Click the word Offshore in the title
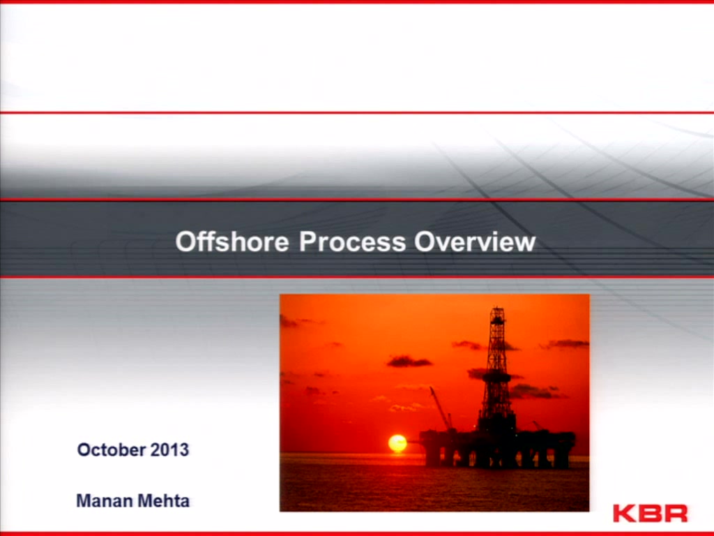point(232,241)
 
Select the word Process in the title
point(352,241)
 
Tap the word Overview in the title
point(475,241)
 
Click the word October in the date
point(112,450)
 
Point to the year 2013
point(170,450)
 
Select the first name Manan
point(105,501)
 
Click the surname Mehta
point(163,501)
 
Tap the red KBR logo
point(651,513)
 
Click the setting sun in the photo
point(397,443)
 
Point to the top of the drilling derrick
point(497,308)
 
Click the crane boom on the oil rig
point(439,408)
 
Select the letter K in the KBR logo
point(624,513)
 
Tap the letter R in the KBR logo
point(676,513)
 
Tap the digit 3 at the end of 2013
point(184,450)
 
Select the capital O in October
point(84,450)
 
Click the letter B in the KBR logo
point(650,513)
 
